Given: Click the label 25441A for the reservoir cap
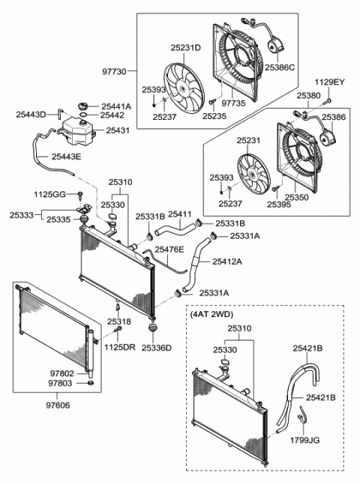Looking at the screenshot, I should coord(116,106).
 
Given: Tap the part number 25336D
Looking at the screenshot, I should coord(156,348).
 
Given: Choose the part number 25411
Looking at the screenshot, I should coord(180,214).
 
